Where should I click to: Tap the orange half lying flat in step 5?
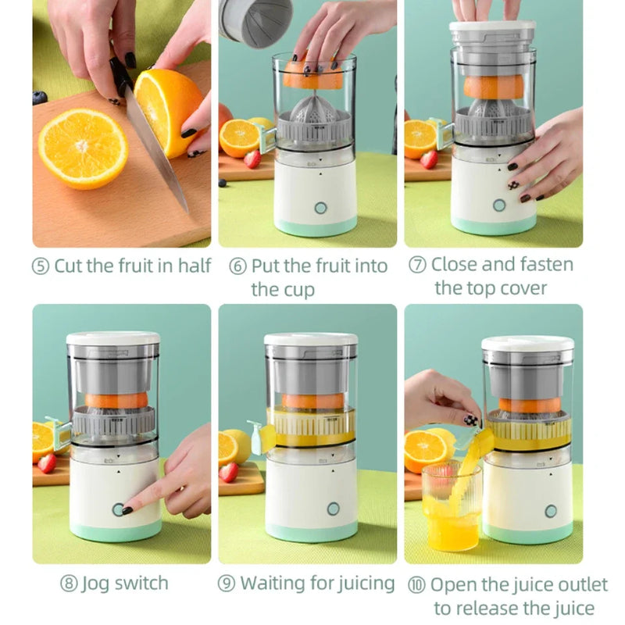(83, 147)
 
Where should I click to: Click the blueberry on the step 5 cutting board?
(40, 98)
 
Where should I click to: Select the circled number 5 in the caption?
(41, 266)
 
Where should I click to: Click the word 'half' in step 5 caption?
(195, 266)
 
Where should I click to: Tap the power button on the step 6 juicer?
(320, 208)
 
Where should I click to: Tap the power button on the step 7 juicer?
(499, 205)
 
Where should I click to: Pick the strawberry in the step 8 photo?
(47, 462)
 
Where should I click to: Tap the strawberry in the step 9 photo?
(228, 472)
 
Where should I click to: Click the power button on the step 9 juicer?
(334, 509)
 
